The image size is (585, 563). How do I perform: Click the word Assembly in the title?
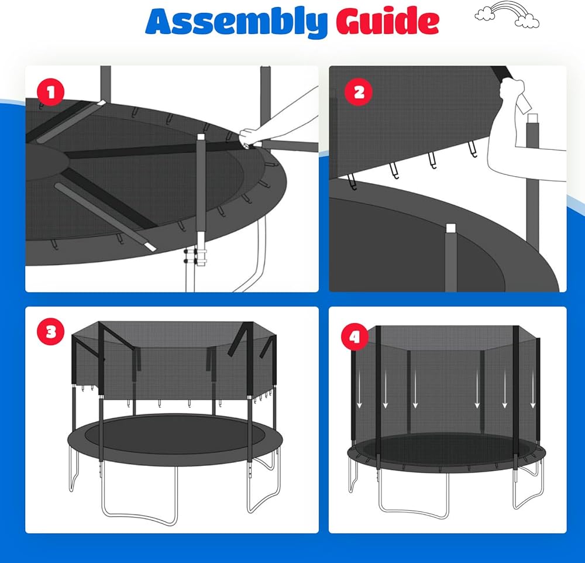pos(236,22)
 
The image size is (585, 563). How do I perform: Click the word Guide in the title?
pos(388,20)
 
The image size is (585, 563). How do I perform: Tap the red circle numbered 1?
pos(51,92)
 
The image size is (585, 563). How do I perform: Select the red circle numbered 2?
pos(359,92)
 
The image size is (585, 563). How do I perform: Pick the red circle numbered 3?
pos(51,331)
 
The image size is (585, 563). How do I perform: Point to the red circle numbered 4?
pos(355,337)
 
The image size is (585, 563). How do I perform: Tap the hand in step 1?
pos(251,138)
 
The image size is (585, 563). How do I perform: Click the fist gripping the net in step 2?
pos(512,91)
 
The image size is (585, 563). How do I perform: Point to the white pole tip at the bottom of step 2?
pos(450,228)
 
